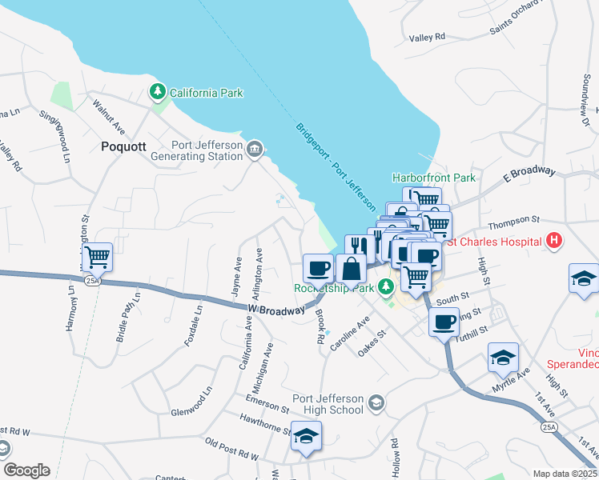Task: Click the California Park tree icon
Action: (x=158, y=93)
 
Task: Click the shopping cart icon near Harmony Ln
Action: (x=98, y=258)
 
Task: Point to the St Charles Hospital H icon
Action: (x=553, y=239)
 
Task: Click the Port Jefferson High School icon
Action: (x=376, y=405)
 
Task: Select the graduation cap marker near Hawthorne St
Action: (x=305, y=436)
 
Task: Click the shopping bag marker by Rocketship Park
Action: (x=351, y=269)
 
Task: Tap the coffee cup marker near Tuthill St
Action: (x=444, y=322)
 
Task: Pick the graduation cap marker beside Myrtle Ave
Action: (x=503, y=358)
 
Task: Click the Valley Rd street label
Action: (x=427, y=38)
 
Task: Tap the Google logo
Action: (x=26, y=470)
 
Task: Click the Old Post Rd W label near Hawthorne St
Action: (x=232, y=449)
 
